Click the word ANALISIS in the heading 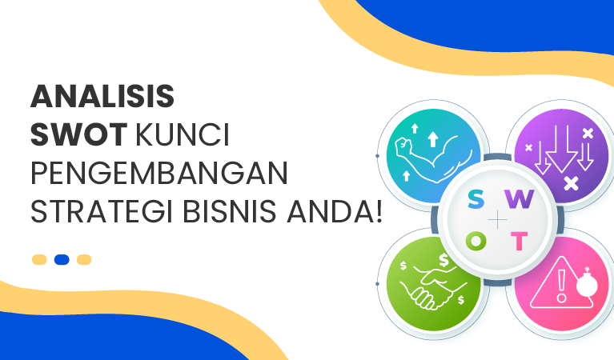(x=102, y=97)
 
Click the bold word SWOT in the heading (x=78, y=135)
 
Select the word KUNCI (x=183, y=135)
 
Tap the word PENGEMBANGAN (x=159, y=174)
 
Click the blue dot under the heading (x=62, y=259)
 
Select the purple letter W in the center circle (x=520, y=201)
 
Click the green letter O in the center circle (x=476, y=240)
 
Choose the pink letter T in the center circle (x=520, y=240)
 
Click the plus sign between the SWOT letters (x=498, y=220)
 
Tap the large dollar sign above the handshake (x=445, y=260)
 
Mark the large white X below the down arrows (x=571, y=183)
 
